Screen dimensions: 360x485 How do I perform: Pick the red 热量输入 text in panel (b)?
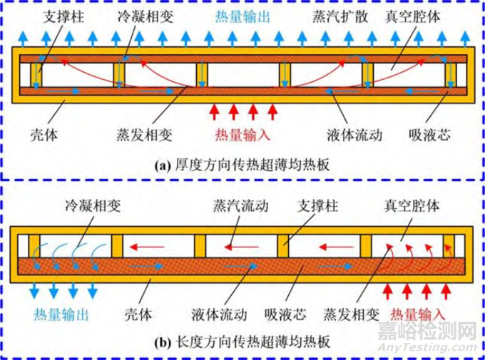[419, 313]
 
